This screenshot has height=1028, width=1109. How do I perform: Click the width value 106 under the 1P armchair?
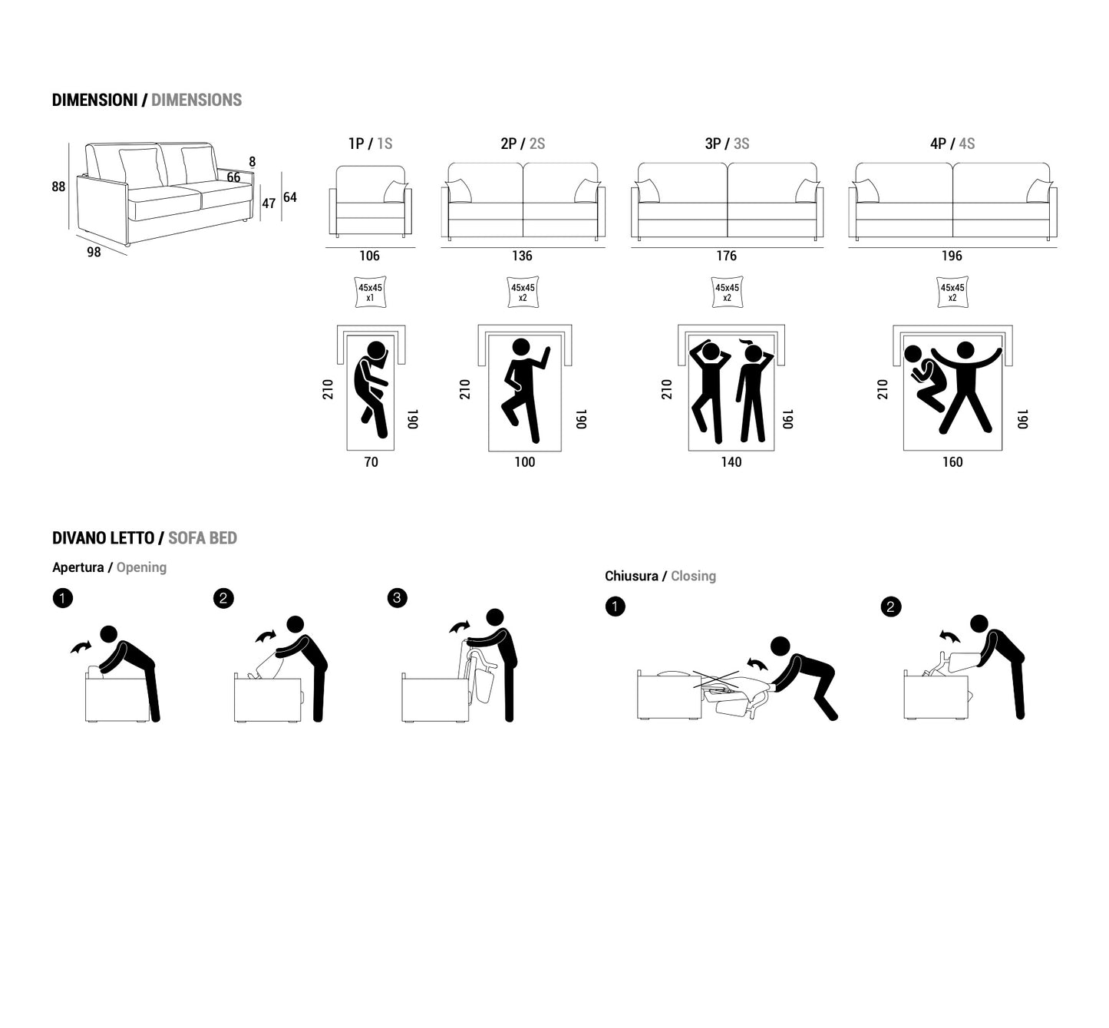[369, 256]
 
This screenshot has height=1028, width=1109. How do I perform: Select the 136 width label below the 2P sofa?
[522, 256]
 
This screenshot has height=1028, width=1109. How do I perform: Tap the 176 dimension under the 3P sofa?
[727, 256]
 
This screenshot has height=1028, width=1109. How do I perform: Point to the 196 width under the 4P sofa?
[952, 256]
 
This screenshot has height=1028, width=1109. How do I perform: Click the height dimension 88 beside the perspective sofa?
[58, 187]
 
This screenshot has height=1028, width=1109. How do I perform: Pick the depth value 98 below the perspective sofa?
[94, 252]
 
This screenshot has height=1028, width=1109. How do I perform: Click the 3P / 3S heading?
[727, 144]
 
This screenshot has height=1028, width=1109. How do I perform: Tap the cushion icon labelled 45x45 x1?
[370, 293]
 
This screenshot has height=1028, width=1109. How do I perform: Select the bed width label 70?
[371, 462]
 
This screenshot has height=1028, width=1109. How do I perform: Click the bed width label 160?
[952, 462]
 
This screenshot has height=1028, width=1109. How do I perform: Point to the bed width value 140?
[731, 462]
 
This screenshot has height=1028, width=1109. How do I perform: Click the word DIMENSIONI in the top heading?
[94, 100]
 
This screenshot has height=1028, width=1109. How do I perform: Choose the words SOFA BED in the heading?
[203, 538]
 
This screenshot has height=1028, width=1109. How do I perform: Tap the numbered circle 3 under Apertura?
[397, 598]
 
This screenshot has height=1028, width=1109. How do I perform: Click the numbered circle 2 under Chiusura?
[891, 607]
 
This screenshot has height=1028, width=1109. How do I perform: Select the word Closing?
[694, 576]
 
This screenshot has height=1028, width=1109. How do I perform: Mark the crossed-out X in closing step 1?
[716, 679]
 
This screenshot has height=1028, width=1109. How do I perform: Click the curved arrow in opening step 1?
[81, 647]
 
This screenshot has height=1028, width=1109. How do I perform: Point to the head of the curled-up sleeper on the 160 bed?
[913, 355]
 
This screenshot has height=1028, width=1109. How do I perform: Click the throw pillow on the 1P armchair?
[395, 192]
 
